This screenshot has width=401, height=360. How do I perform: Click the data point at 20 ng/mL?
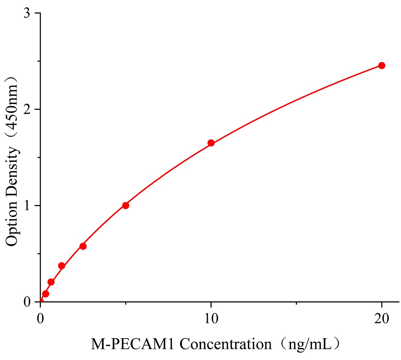pos(381,65)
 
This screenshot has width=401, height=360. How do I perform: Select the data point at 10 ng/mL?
pos(211,143)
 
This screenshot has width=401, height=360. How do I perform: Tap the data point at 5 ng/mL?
pos(126,205)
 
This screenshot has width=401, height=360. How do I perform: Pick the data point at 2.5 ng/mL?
pos(83,246)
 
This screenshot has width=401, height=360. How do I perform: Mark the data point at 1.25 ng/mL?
pos(62,266)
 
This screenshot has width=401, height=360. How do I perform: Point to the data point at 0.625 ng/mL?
pos(51,282)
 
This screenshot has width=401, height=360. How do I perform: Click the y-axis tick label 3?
pos(27,13)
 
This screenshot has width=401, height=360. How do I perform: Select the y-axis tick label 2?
pos(27,109)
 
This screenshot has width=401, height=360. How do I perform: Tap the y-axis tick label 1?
pos(27,206)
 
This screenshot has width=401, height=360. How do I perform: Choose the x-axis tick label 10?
pos(211,319)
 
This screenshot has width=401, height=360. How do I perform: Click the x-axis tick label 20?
pos(381,319)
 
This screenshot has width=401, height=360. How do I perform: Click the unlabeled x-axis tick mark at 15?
pos(296,303)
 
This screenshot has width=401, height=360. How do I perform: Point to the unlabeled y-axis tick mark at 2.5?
pos(38,61)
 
